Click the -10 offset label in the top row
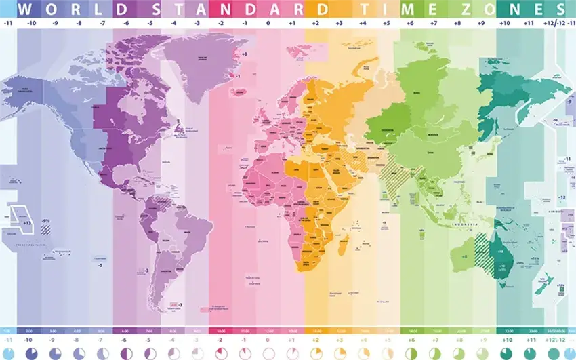pyautogui.click(x=32, y=22)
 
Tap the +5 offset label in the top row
pyautogui.click(x=387, y=22)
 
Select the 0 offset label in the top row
pyautogui.click(x=268, y=22)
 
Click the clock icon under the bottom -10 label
pyautogui.click(x=32, y=354)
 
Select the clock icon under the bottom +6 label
pyautogui.click(x=411, y=354)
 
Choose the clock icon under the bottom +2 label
pyautogui.click(x=316, y=354)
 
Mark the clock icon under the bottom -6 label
pyautogui.click(x=126, y=354)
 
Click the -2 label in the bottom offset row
pyautogui.click(x=221, y=339)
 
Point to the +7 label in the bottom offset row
pyautogui.click(x=434, y=339)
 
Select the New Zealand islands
pyautogui.click(x=542, y=285)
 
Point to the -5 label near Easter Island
pyautogui.click(x=100, y=265)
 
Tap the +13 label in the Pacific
pyautogui.click(x=27, y=222)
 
